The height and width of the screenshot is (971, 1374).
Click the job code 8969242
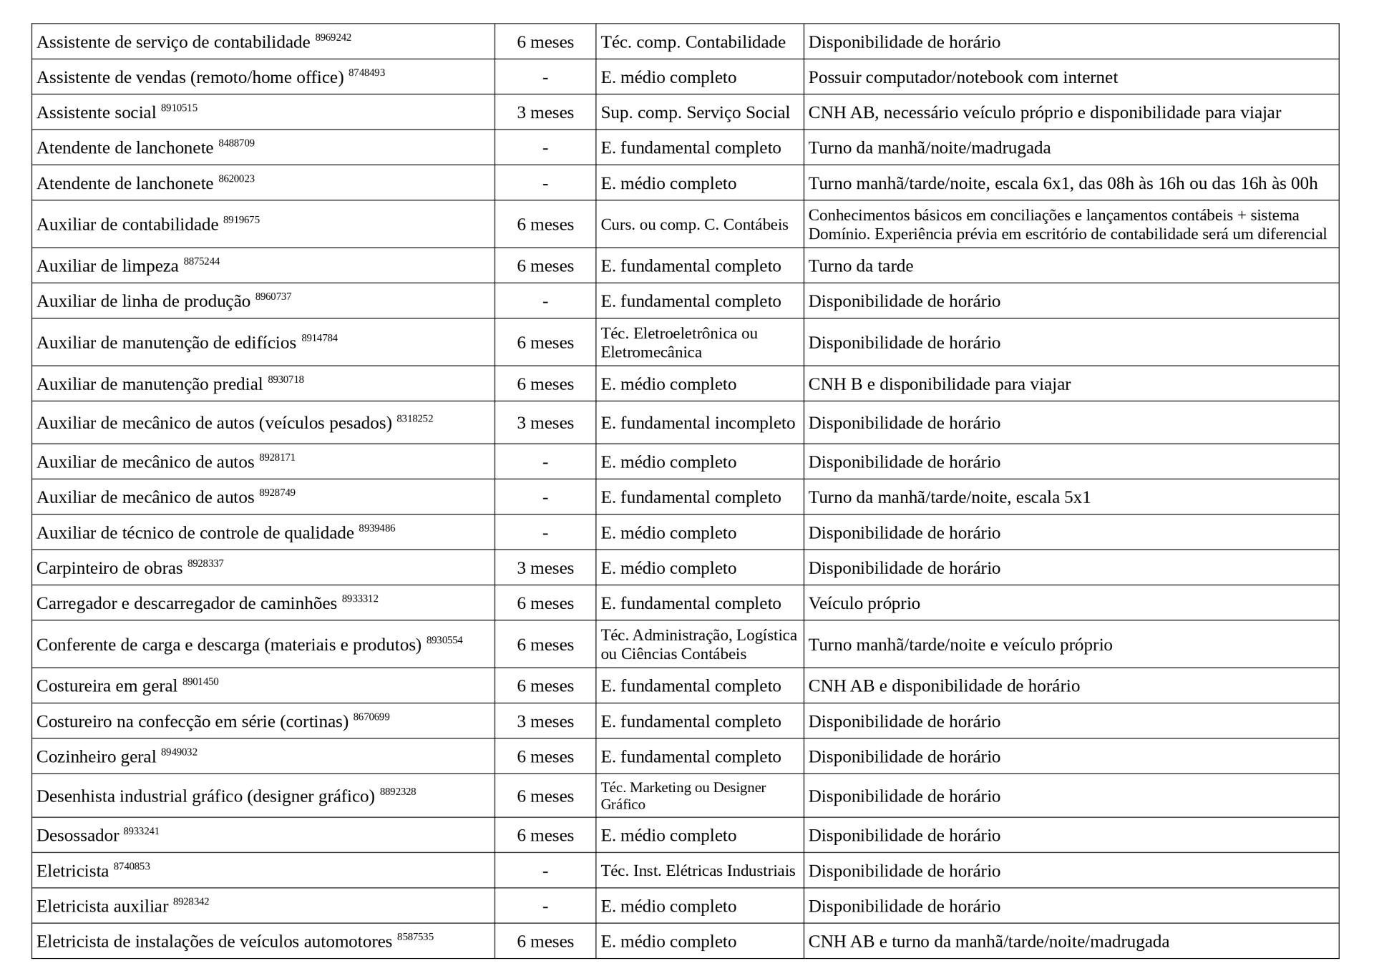(x=333, y=37)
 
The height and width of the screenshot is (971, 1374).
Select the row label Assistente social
(x=96, y=113)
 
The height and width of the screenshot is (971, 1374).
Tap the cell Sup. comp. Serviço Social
(x=695, y=113)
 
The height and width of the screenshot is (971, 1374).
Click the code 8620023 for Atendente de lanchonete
(x=236, y=179)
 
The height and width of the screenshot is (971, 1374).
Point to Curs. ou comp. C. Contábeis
(x=694, y=225)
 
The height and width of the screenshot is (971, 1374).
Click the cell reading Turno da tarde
(x=860, y=266)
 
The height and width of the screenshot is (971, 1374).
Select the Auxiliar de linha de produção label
(x=143, y=301)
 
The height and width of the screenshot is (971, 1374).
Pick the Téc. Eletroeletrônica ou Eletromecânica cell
(x=678, y=343)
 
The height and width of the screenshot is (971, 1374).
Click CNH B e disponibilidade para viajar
(x=939, y=384)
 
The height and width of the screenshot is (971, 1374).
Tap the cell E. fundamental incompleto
(x=698, y=423)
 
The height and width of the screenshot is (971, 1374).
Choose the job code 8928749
(x=277, y=493)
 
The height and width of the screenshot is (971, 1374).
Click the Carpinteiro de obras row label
(x=109, y=568)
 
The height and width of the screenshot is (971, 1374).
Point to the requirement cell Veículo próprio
(x=864, y=603)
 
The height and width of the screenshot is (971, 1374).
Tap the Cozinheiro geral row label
(x=96, y=757)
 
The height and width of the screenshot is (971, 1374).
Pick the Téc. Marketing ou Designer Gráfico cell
(x=683, y=796)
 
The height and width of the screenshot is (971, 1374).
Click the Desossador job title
(x=77, y=836)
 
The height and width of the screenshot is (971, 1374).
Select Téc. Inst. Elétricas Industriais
(x=698, y=871)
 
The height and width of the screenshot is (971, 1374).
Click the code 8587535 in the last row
(x=415, y=937)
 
